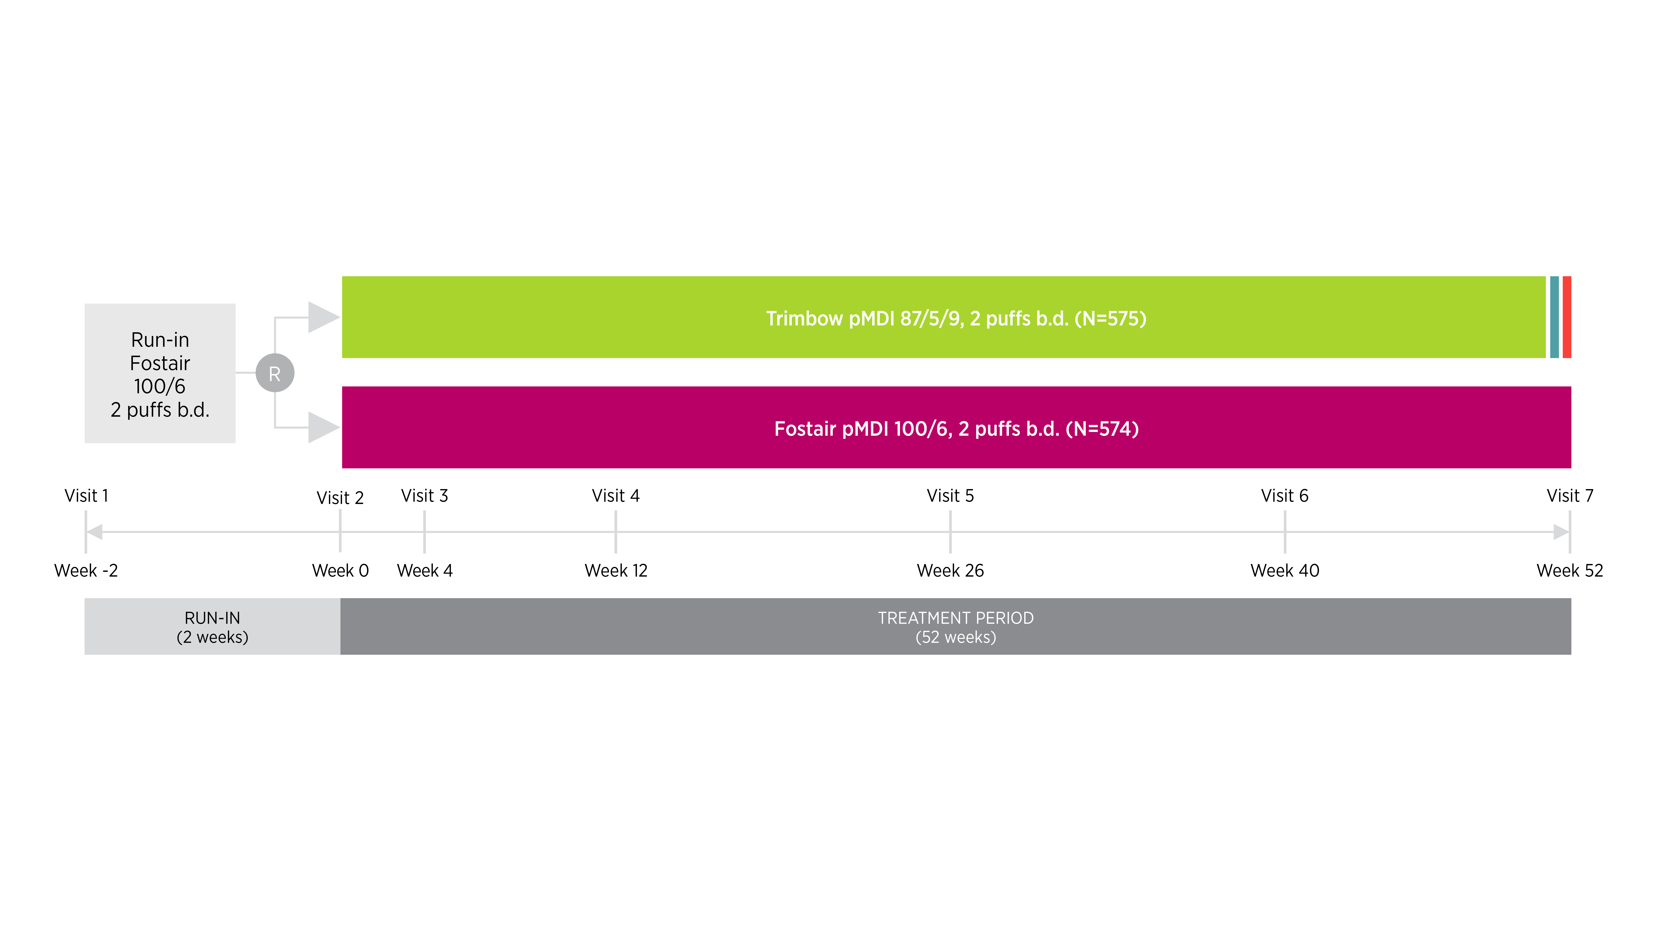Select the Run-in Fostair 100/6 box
pos(160,373)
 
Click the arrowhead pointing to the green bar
pos(323,317)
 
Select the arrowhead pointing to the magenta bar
pos(323,427)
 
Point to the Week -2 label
pos(86,571)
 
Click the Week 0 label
pos(340,571)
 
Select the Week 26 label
pos(950,571)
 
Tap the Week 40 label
pos(1284,571)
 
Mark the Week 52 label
pos(1569,571)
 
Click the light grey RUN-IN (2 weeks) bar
pos(212,626)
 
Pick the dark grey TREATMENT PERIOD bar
pos(955,626)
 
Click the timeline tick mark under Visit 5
pos(950,532)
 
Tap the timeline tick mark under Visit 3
pos(424,532)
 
